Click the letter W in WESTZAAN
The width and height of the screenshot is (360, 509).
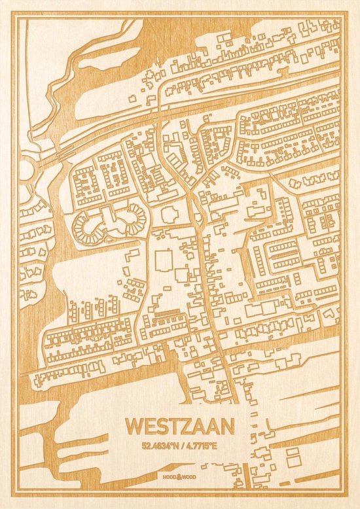[x=135, y=427]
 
